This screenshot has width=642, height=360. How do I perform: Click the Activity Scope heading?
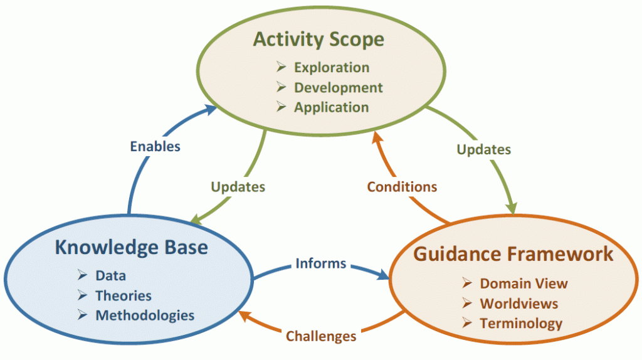coord(318,40)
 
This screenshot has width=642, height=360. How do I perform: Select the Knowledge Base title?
coord(132,248)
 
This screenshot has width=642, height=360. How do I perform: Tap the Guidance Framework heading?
coord(513,254)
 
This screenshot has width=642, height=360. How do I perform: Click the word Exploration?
coord(332,68)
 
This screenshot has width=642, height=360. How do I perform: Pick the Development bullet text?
coord(338,88)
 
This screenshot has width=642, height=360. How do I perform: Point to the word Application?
coord(331,107)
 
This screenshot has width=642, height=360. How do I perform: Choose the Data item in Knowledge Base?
coord(110,275)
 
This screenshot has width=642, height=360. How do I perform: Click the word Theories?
coord(124,295)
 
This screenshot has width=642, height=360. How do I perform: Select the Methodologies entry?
coord(145,315)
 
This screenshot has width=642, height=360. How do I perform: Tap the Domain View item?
coord(524,283)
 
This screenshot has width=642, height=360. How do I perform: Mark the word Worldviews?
coord(518,304)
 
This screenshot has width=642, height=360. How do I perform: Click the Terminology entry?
coord(521,324)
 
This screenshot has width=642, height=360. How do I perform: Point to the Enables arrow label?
coord(155,146)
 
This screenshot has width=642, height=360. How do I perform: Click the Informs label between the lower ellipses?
coord(321,263)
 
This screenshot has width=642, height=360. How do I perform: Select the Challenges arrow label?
coord(321,336)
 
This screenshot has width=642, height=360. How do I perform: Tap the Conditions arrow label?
coord(402,187)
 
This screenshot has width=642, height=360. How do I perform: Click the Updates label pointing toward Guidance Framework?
coord(483,149)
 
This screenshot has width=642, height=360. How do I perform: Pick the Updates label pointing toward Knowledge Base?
coord(238,187)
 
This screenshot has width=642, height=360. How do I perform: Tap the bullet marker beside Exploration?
coord(281,66)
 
